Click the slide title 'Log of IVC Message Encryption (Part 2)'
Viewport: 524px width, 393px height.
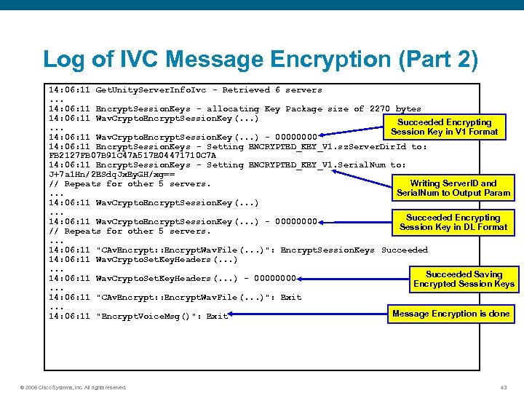(261, 60)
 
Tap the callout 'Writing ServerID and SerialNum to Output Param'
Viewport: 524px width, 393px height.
(453, 188)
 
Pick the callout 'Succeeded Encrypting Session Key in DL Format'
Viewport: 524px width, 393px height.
(453, 222)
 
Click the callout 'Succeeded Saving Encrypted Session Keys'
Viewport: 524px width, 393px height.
(464, 279)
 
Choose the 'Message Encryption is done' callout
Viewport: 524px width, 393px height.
(450, 314)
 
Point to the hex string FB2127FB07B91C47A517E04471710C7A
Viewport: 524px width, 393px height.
(132, 155)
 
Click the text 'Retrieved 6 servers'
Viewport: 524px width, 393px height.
(272, 90)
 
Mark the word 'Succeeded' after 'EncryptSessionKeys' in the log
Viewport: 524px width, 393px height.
(404, 250)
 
